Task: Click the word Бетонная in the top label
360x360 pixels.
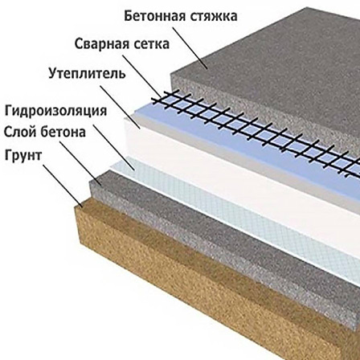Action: [155, 16]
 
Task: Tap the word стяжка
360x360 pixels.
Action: [214, 16]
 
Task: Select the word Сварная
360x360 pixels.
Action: [98, 43]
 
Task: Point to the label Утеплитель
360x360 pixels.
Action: [87, 73]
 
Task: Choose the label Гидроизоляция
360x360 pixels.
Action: [55, 111]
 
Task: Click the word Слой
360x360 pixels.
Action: [20, 132]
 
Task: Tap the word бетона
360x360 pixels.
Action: [63, 131]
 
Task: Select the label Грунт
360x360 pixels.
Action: [23, 156]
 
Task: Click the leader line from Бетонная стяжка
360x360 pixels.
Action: [190, 47]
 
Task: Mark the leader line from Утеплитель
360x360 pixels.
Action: [120, 107]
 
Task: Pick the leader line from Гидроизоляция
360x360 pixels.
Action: [113, 147]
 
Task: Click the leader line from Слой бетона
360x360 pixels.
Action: [80, 163]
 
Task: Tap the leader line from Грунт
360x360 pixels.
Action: [63, 186]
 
